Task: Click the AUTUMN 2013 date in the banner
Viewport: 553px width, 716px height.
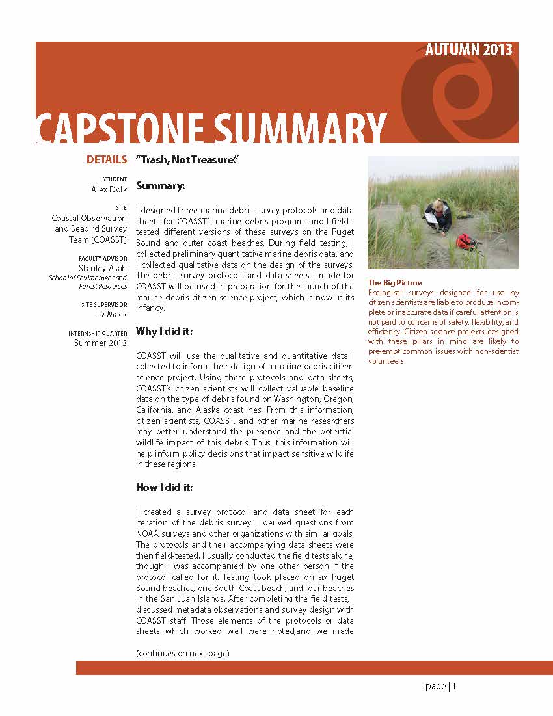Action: [468, 50]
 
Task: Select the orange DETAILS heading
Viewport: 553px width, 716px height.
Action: [107, 159]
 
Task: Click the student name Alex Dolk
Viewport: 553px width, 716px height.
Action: [109, 189]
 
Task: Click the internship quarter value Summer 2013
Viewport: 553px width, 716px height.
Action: [100, 343]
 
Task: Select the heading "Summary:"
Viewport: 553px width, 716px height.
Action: [161, 186]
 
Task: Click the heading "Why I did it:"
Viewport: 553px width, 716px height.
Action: [164, 332]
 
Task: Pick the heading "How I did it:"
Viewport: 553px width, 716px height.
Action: [164, 487]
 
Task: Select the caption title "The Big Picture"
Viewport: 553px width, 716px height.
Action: [395, 283]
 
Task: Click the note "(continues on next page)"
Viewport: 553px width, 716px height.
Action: [182, 653]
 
